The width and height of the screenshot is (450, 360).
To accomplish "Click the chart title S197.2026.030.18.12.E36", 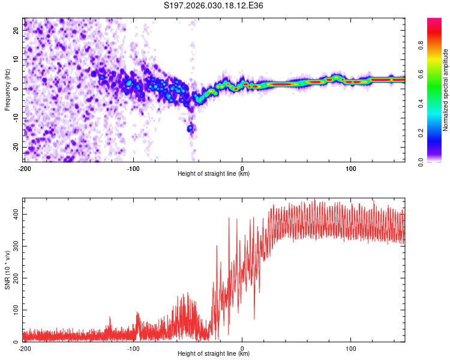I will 214,5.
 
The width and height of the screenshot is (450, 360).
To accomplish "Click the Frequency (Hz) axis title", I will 7,89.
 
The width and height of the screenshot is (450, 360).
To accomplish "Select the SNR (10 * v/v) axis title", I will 7,269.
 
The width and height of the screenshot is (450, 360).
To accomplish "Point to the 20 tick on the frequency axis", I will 17,30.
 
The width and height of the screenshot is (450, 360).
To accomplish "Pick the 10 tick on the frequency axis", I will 17,59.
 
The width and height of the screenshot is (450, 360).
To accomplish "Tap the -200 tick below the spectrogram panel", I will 25,168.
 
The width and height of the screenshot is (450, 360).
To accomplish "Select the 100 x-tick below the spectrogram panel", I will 351,168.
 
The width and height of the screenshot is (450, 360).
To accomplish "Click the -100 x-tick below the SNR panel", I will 133,348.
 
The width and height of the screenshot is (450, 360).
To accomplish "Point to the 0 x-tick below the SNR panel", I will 242,348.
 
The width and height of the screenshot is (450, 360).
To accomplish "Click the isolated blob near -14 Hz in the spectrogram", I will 191,128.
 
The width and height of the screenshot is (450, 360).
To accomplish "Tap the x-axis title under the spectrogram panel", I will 214,174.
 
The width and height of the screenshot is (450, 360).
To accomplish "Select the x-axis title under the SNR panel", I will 214,354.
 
